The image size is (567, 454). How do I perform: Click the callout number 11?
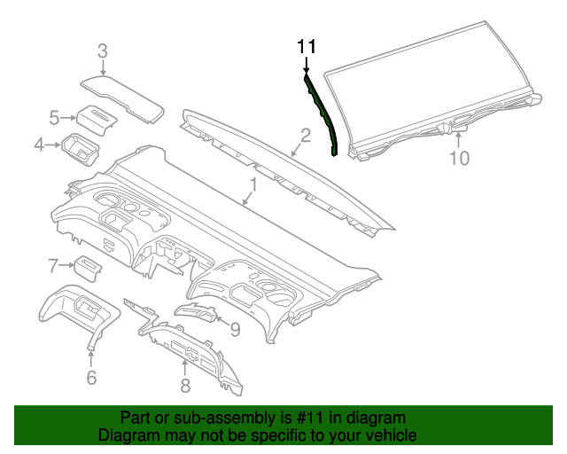tap(306, 46)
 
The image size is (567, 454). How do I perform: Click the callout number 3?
tap(103, 51)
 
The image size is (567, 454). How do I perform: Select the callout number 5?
tap(54, 117)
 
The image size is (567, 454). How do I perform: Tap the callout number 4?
tap(40, 144)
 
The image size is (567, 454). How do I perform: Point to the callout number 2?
tap(304, 135)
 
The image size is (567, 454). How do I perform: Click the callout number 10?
tap(459, 159)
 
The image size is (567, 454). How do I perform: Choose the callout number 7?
tap(53, 264)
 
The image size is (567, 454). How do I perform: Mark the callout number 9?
tap(235, 330)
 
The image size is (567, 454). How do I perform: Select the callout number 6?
tap(90, 378)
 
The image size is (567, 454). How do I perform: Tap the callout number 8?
tap(184, 385)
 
